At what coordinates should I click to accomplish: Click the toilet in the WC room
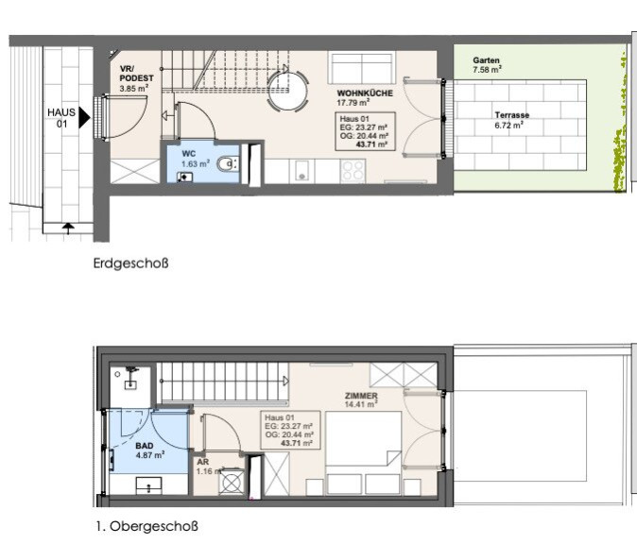coord(227,164)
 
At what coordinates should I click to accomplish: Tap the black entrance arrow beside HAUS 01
coord(84,118)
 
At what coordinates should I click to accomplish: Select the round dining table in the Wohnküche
coord(287,91)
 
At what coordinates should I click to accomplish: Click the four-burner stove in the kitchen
coord(353,171)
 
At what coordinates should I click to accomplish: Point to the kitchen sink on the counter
coord(301,171)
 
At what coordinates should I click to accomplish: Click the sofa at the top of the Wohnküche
coord(361,68)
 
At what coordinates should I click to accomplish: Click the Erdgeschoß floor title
coord(130,263)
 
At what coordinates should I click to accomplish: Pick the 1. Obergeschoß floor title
coord(147,526)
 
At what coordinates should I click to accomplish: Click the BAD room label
coord(145,446)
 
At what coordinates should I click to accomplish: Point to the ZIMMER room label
coord(361,396)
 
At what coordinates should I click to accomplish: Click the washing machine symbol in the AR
coord(232,482)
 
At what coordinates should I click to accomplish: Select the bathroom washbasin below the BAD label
coord(148,484)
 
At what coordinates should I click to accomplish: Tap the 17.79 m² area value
coord(353,103)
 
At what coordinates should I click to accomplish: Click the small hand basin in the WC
coord(185,177)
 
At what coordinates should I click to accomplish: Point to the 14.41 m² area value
coord(361,404)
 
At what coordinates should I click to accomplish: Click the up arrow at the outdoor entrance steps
coord(68,229)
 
